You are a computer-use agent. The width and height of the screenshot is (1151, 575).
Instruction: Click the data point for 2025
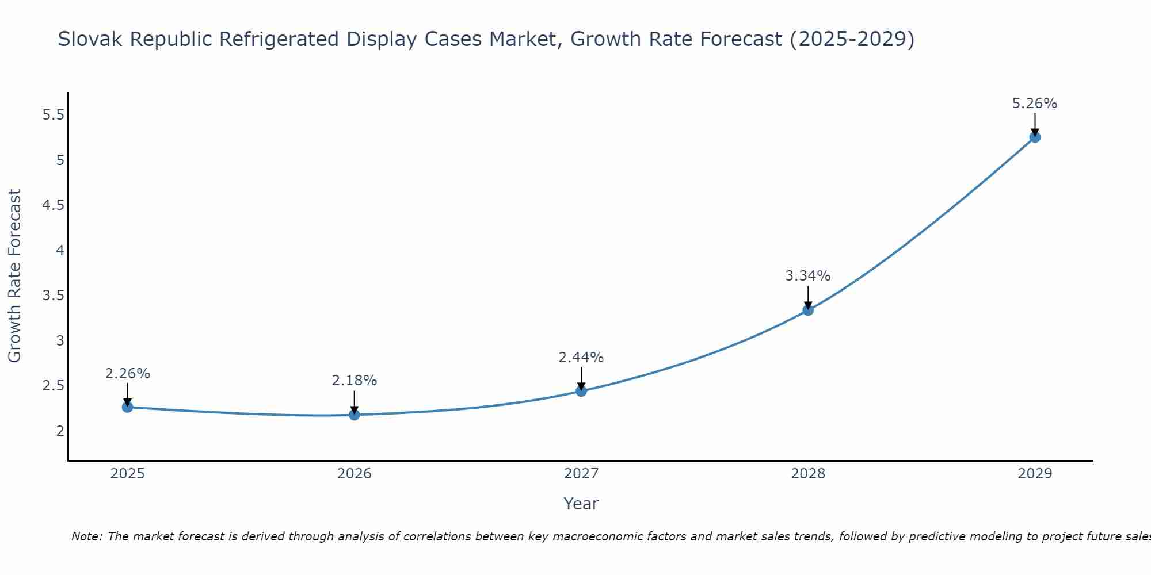point(127,407)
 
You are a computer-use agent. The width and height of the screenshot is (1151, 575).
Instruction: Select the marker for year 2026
point(354,415)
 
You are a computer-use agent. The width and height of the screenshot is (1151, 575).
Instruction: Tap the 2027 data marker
point(581,391)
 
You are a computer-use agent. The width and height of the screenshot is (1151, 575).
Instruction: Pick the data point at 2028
point(807,310)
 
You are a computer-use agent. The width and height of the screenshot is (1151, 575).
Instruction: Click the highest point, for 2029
point(1034,137)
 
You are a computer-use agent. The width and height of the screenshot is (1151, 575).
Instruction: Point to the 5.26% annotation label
point(1034,103)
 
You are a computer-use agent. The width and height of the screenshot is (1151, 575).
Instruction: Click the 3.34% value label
point(807,276)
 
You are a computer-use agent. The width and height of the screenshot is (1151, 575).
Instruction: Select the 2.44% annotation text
point(581,358)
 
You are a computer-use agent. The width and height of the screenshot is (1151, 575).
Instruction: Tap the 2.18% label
point(354,381)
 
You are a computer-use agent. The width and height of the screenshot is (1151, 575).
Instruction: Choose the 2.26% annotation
point(127,374)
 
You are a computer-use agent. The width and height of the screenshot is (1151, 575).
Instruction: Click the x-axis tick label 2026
point(354,474)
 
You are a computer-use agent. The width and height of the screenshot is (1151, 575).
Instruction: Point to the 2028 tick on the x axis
point(807,474)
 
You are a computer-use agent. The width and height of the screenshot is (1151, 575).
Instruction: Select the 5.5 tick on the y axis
point(53,115)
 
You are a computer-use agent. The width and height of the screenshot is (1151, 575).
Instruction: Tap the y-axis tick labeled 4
point(60,250)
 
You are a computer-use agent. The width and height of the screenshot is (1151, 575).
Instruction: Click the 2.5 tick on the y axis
point(53,385)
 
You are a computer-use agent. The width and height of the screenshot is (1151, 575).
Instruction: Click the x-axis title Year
point(581,504)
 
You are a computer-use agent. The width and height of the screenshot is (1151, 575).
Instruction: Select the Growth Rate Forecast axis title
point(14,276)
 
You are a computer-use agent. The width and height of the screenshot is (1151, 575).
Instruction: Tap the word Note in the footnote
point(86,536)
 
